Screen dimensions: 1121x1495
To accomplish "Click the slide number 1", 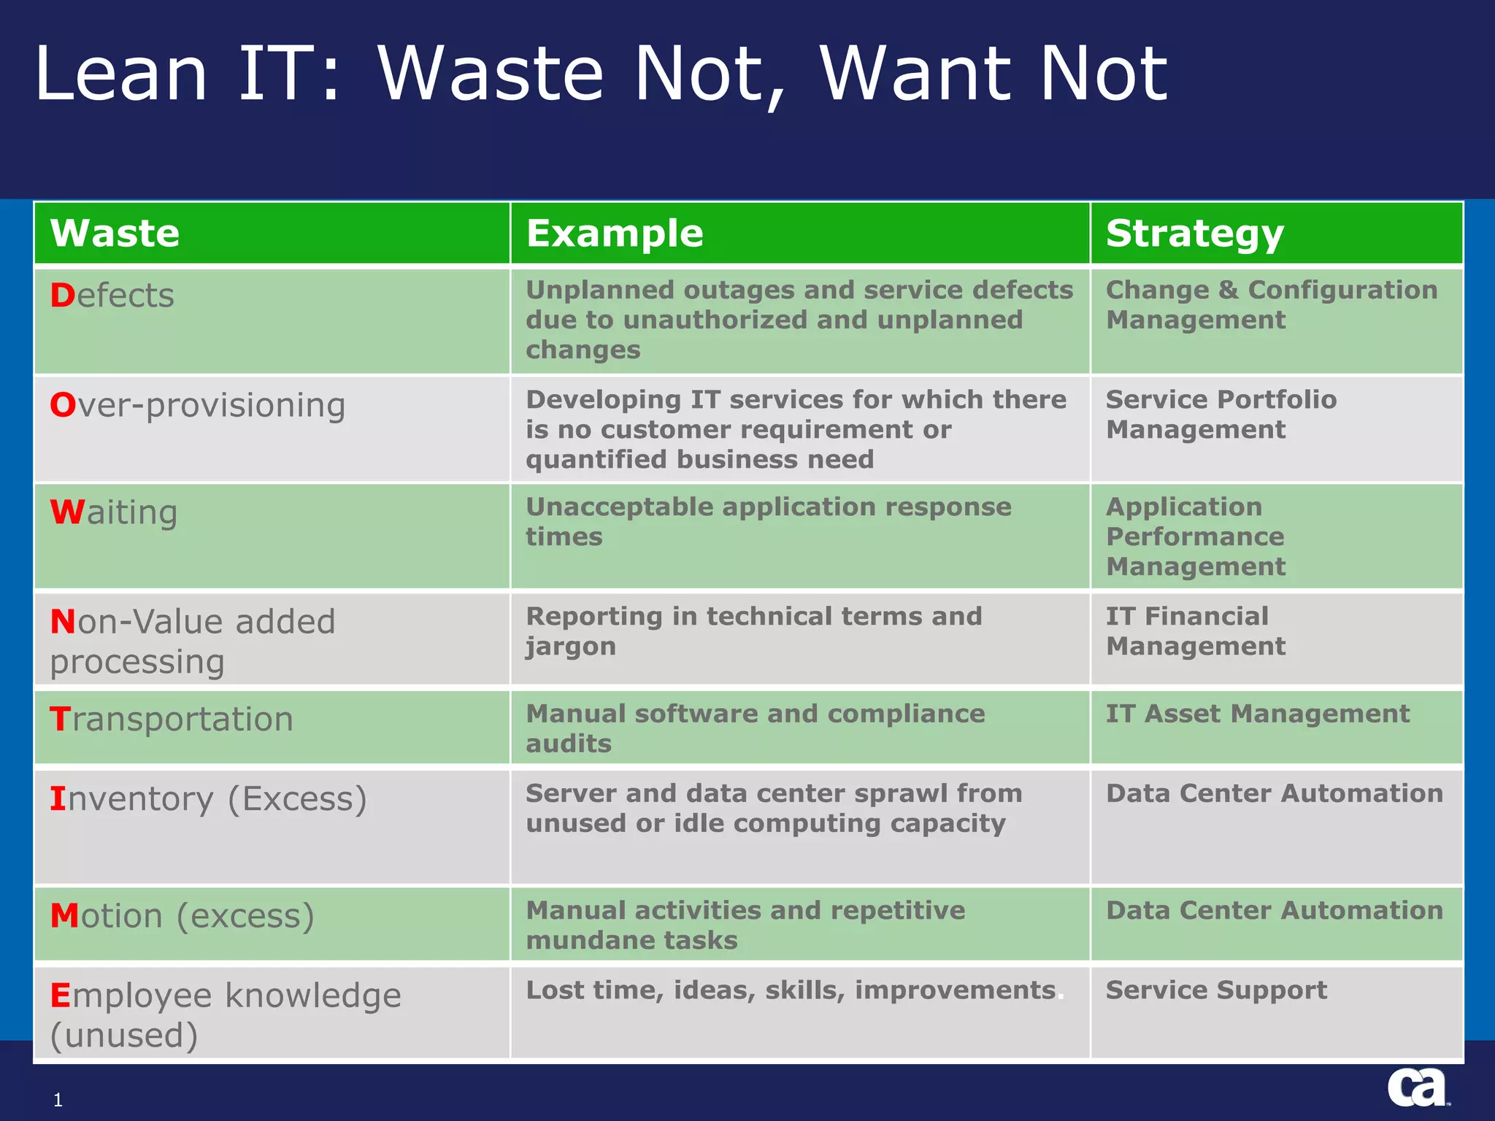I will (x=58, y=1100).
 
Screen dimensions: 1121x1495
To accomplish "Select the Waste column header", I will (x=115, y=234).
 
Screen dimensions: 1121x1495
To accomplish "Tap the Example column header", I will (x=615, y=234).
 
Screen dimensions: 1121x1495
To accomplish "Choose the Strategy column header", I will (x=1194, y=234).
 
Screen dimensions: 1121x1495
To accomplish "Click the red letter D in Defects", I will (x=62, y=296).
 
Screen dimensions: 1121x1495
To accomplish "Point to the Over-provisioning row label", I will (x=198, y=405).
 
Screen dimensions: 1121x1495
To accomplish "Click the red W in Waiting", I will (x=66, y=512).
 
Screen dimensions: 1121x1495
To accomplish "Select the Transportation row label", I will (x=172, y=719).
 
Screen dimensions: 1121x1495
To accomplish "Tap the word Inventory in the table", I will (x=132, y=798).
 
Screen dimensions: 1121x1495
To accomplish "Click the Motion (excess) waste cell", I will (x=182, y=915).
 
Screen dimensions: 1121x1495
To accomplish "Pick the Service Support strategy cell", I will (x=1216, y=990).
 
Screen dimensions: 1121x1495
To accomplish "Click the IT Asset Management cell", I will (x=1257, y=713).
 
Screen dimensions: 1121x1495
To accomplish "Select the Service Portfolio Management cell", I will (x=1221, y=414).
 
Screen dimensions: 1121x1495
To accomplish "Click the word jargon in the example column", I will (x=571, y=647).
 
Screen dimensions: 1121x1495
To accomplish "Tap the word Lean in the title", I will (x=121, y=73).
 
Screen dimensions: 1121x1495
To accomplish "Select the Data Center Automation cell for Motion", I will (x=1274, y=910).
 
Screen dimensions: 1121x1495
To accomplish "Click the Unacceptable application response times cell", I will (x=768, y=521).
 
